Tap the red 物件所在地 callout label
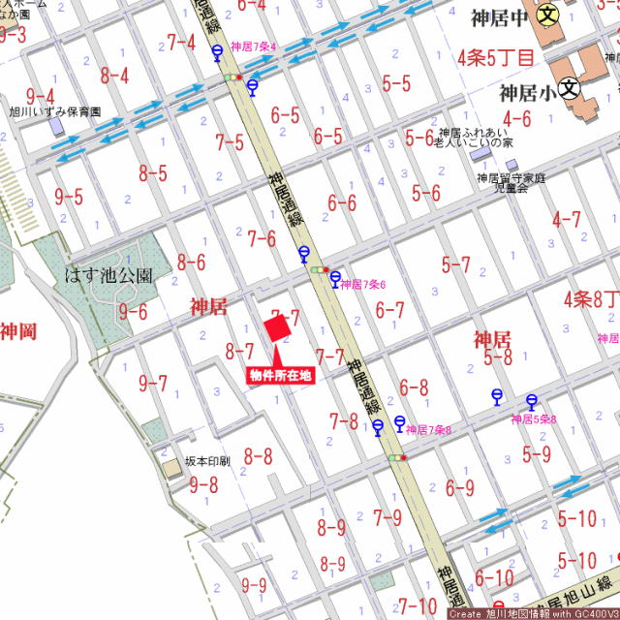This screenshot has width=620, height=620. click(281, 376)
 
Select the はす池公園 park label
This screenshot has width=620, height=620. click(108, 275)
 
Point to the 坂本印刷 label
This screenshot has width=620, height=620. click(207, 462)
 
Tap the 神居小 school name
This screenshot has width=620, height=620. click(527, 94)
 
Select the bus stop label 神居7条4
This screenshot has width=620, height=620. click(254, 46)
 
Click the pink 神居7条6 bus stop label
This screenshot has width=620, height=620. click(363, 285)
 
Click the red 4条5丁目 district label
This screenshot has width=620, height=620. click(496, 58)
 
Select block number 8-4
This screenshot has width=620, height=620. click(114, 75)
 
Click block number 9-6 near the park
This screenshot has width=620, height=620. click(133, 312)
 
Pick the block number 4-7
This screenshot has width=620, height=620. click(567, 220)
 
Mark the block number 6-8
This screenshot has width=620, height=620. click(414, 387)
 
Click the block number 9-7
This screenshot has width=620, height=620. click(153, 384)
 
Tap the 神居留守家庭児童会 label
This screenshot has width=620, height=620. click(511, 183)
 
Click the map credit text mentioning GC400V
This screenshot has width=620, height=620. click(532, 613)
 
